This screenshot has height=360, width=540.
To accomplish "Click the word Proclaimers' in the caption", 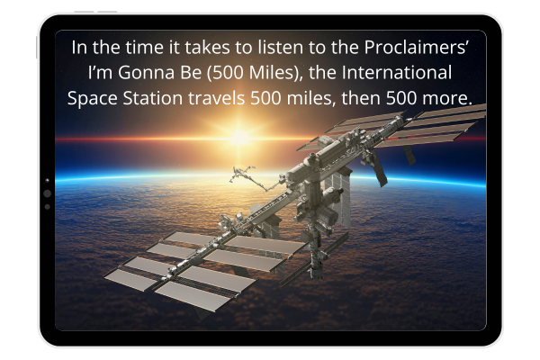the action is [416, 47].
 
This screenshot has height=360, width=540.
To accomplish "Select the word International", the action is [396, 73].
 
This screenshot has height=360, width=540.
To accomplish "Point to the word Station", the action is [153, 98].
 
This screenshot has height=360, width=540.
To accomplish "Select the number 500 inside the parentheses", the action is [228, 73].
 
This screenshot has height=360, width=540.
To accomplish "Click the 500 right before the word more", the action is [401, 98].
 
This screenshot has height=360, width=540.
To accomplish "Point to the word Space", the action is [93, 98].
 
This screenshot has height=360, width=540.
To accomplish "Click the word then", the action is [361, 98].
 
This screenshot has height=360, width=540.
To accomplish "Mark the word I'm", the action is [101, 73].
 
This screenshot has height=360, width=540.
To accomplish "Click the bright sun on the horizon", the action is [240, 138].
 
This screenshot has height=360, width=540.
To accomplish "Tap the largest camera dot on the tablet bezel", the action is [48, 193].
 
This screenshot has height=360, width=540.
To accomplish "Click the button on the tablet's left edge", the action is [37, 47].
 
